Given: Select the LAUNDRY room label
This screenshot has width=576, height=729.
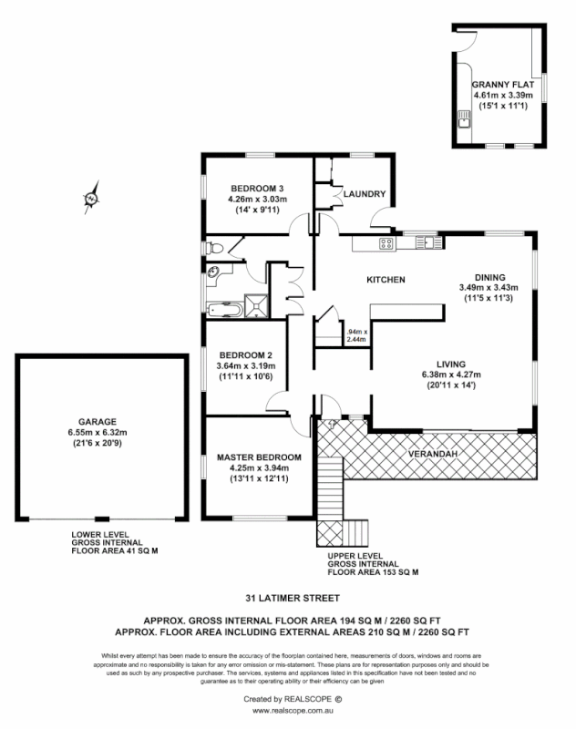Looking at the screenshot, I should tap(365, 194).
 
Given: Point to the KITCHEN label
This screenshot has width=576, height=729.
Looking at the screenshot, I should tap(386, 279).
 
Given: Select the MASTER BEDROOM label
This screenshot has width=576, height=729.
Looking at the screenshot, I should tap(259, 457).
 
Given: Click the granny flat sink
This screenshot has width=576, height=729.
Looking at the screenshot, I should tap(463, 117).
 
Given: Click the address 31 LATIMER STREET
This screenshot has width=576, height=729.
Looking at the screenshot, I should tap(287, 600).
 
